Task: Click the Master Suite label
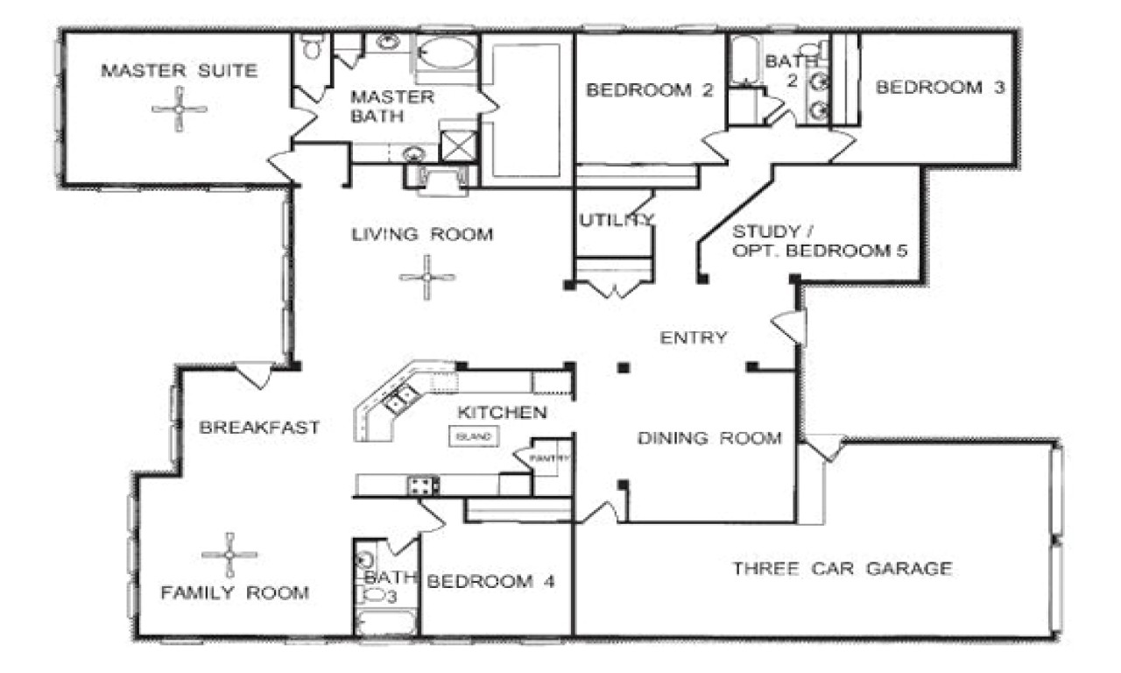pyautogui.click(x=179, y=71)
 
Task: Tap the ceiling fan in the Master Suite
pyautogui.click(x=180, y=110)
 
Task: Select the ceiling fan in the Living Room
pyautogui.click(x=427, y=278)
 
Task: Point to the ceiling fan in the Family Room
pyautogui.click(x=229, y=554)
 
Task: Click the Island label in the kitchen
pyautogui.click(x=474, y=436)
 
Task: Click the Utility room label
pyautogui.click(x=616, y=220)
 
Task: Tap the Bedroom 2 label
pyautogui.click(x=650, y=89)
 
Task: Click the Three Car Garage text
pyautogui.click(x=842, y=569)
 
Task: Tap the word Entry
pyautogui.click(x=693, y=337)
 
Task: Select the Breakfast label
pyautogui.click(x=258, y=428)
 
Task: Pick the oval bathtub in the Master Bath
pyautogui.click(x=447, y=52)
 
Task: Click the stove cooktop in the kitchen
pyautogui.click(x=422, y=484)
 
